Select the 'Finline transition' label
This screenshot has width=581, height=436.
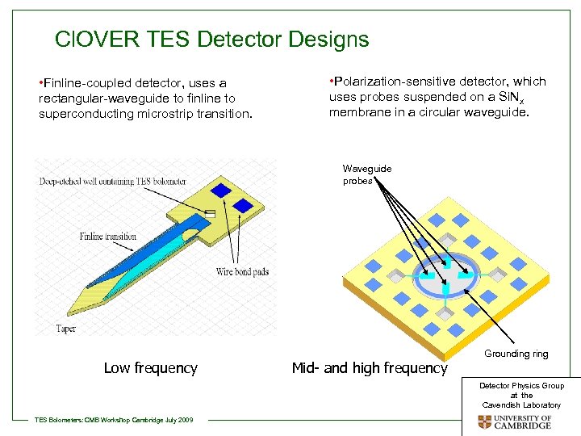[x=107, y=237]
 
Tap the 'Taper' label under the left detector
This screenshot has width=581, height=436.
[x=66, y=328]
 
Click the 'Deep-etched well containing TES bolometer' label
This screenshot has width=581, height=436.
[x=112, y=182]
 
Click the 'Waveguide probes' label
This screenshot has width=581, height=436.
[x=367, y=174]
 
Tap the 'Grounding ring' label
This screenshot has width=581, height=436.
[x=516, y=354]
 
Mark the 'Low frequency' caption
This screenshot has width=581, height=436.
[x=150, y=368]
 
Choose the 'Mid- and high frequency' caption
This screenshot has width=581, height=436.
[x=369, y=368]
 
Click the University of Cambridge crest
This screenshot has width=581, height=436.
[x=484, y=421]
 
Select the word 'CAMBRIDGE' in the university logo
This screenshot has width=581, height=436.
[x=523, y=426]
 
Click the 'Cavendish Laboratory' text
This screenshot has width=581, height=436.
[x=521, y=405]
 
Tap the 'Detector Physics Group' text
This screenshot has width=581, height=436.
[x=521, y=386]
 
